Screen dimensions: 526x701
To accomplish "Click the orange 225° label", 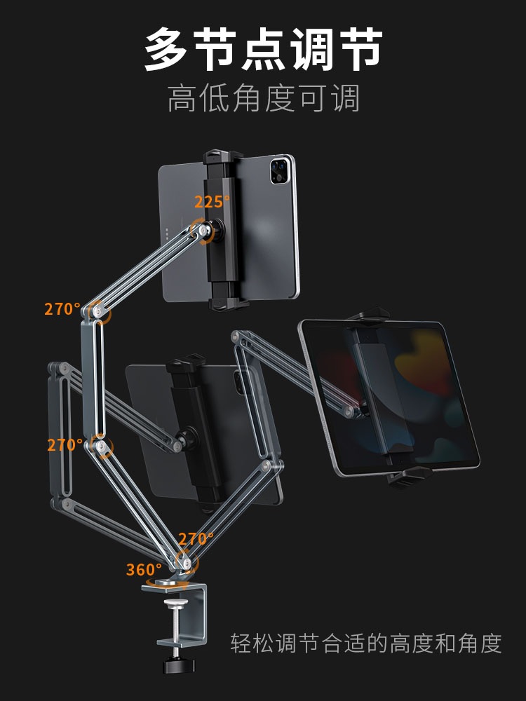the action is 212,202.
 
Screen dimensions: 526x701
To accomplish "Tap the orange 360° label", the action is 144,569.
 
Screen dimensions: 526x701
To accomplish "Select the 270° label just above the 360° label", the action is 196,539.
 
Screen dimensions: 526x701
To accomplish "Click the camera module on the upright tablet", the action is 280,170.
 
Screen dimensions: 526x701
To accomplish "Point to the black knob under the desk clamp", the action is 178,665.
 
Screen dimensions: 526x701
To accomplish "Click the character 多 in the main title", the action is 166,49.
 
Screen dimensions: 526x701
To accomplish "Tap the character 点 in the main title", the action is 263,49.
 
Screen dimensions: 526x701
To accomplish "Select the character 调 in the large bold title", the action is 312,49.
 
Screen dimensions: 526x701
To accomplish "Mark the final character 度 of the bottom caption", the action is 491,643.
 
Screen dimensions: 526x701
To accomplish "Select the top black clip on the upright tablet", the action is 222,157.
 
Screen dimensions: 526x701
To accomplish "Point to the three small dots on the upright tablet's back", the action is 168,233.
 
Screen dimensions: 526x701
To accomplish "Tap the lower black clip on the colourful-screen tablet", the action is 408,476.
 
